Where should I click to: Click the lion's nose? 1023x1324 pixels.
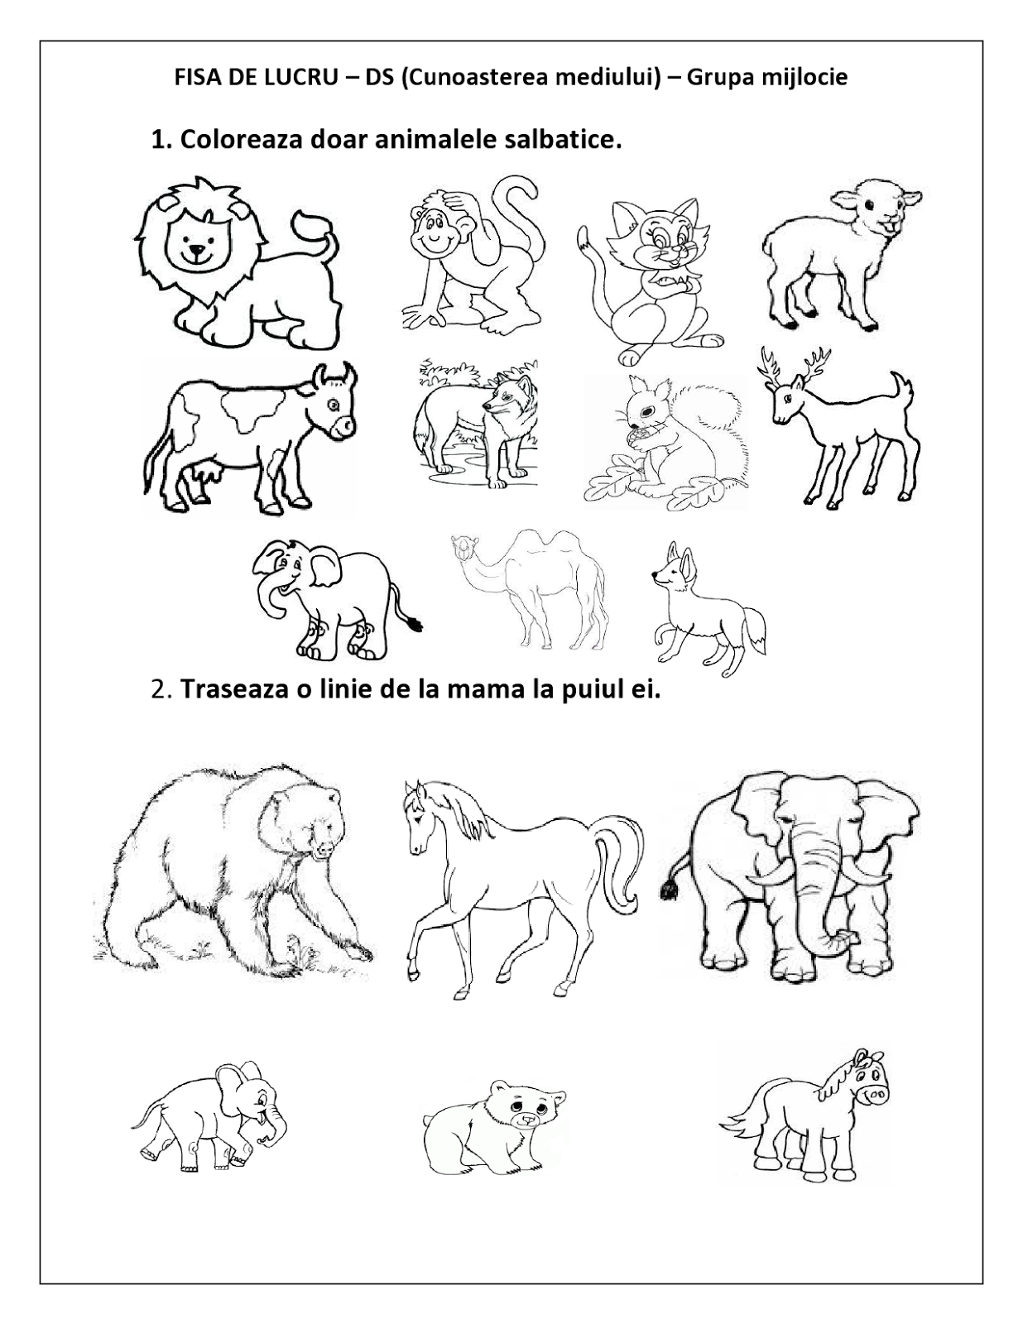click(195, 250)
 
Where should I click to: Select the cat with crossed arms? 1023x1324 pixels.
click(646, 281)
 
